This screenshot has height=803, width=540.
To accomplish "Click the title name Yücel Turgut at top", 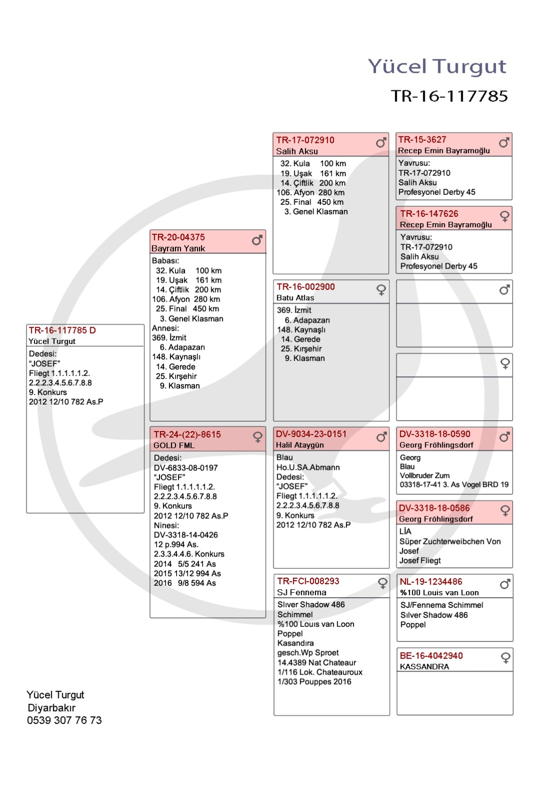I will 437,66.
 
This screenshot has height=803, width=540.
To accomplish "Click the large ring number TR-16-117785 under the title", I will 449,96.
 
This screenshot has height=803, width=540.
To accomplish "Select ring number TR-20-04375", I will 178,237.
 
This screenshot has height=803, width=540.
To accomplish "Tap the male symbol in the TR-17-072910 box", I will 381,143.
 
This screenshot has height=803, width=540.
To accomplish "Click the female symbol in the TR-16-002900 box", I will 381,290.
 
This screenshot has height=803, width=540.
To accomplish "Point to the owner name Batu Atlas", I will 295,298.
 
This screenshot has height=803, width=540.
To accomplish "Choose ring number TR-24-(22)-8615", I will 187,435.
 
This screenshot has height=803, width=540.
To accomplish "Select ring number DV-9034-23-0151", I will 311,434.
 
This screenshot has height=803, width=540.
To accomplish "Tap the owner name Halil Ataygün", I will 300,445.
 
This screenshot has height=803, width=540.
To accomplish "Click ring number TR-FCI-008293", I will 308,581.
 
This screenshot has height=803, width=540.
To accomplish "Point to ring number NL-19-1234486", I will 431,582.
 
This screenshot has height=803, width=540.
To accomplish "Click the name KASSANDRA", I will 424,667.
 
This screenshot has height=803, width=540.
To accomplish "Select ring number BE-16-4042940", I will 431,656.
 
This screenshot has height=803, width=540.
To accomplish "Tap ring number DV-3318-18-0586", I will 434,508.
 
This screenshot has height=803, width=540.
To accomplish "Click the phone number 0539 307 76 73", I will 64,720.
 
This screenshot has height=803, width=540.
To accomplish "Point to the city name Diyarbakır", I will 52,708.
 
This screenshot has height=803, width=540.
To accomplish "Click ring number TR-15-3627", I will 422,140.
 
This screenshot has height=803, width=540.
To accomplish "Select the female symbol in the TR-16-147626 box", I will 504,216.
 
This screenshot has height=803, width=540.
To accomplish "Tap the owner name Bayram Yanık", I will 178,248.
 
